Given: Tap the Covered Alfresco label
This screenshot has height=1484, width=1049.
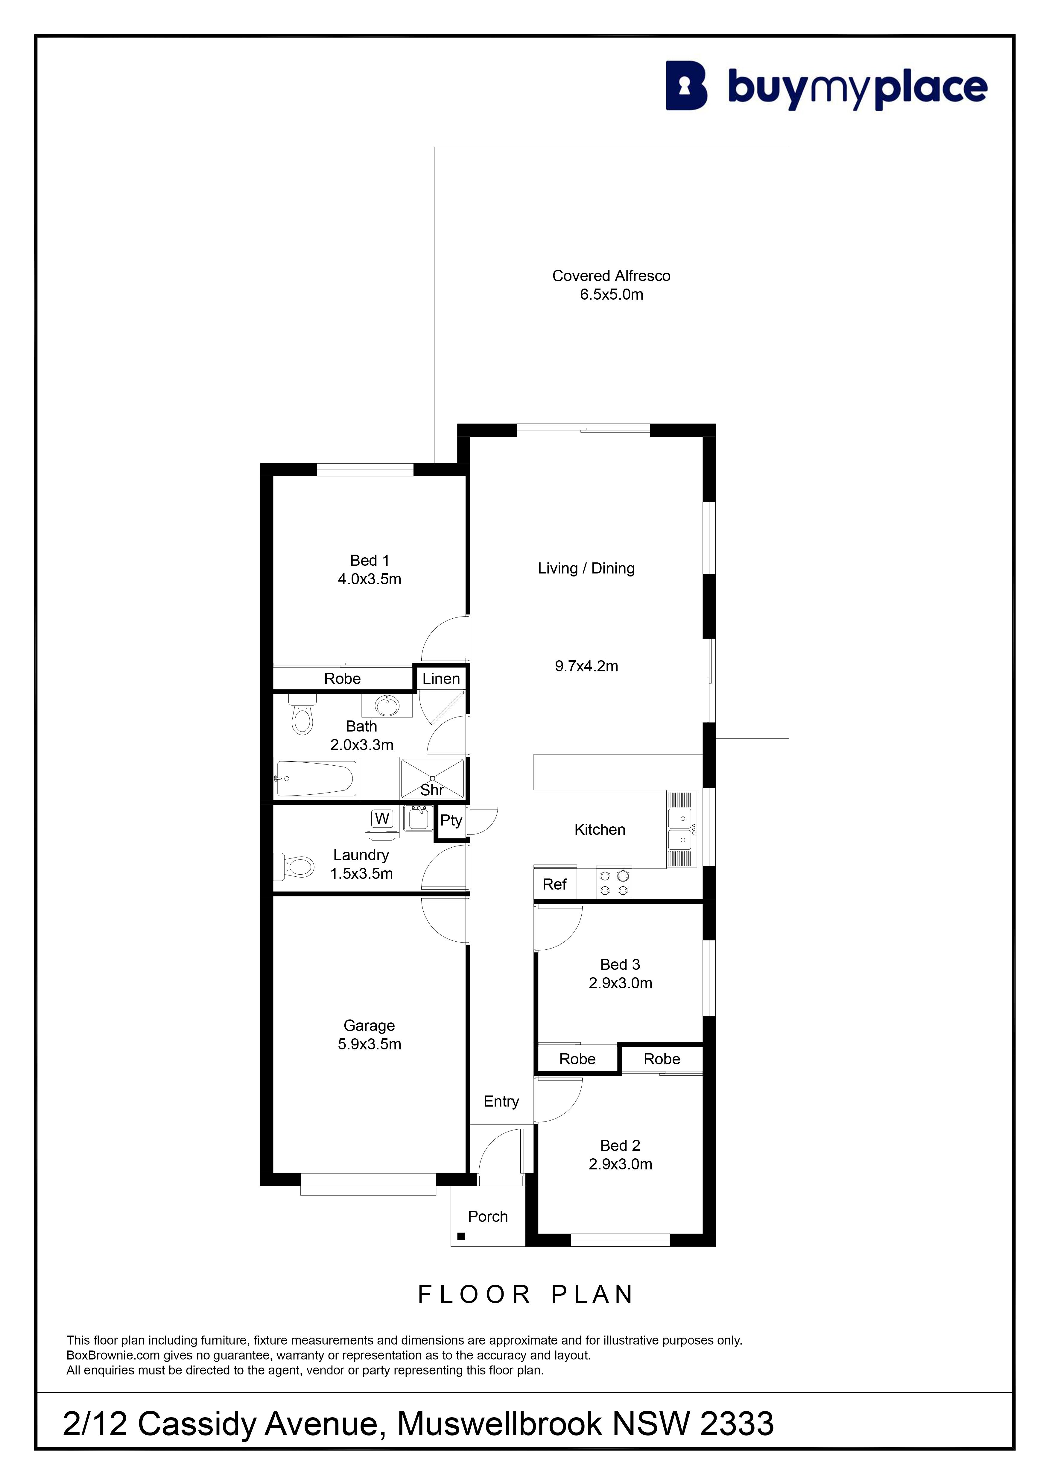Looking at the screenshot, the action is click(x=611, y=276).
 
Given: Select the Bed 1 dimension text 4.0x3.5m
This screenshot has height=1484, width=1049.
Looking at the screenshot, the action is click(x=370, y=579).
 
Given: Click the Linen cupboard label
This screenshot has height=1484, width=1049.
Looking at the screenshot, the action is click(x=441, y=679).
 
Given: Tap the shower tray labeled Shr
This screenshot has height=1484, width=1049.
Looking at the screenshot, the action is click(x=432, y=779).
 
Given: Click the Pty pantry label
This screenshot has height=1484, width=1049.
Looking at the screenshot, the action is click(x=451, y=821).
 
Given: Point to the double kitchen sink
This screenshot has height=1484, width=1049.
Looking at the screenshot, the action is click(x=682, y=829).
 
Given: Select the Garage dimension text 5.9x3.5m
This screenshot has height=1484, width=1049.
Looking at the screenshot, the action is click(x=370, y=1045).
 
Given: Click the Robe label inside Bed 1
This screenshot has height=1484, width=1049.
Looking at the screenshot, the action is click(x=342, y=679).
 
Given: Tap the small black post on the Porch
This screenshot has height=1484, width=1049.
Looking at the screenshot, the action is click(x=461, y=1236).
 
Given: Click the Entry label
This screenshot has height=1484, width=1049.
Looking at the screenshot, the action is click(x=501, y=1101).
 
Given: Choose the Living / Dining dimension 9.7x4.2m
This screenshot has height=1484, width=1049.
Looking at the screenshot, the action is click(x=586, y=666).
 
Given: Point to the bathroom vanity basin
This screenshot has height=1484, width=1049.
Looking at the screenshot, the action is click(x=387, y=706).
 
